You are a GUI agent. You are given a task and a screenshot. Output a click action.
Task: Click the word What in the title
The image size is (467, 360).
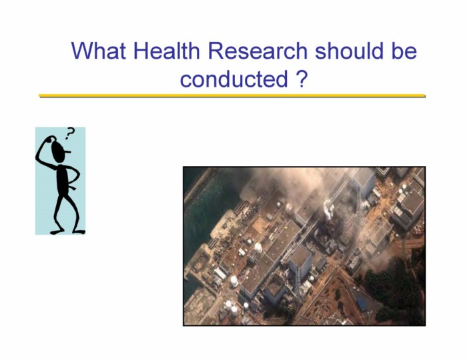click(x=99, y=51)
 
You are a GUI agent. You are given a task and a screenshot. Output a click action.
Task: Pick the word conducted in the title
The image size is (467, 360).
click(x=234, y=79)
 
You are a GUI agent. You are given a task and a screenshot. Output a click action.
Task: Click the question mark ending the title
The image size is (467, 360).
click(x=302, y=79)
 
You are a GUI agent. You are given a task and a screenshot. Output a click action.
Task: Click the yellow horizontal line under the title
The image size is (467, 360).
click(x=232, y=96)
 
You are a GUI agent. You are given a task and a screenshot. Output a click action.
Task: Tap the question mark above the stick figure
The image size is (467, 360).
click(x=69, y=133)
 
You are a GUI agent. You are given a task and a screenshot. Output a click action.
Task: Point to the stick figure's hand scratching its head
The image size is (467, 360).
click(x=49, y=139)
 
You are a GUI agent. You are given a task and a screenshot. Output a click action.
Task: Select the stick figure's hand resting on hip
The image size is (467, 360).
click(x=71, y=187)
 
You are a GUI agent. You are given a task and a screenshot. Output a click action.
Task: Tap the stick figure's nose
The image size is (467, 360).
click(x=68, y=152)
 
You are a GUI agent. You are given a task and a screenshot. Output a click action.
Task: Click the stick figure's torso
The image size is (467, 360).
click(x=63, y=179)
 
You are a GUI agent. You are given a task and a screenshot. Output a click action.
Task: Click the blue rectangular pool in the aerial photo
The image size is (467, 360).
click(x=361, y=303)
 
